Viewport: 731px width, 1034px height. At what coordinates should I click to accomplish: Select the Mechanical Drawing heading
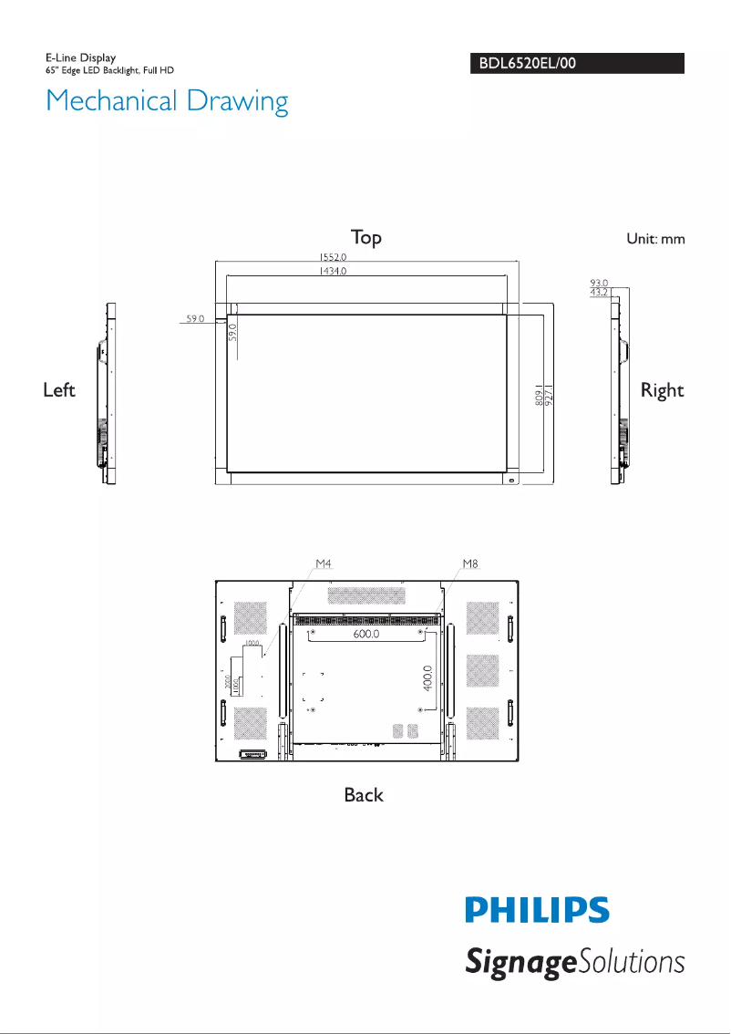167,100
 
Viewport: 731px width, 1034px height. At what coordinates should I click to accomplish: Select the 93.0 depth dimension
599,284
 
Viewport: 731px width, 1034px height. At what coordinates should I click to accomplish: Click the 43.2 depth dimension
599,293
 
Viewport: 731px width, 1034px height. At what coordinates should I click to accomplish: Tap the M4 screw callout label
324,564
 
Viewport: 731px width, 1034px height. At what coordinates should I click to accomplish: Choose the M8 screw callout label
469,564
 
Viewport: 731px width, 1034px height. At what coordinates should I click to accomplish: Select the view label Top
366,237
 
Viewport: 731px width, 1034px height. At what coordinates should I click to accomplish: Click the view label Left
59,390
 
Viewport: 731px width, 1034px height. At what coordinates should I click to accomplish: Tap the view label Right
662,390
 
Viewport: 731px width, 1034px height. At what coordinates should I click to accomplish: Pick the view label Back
364,795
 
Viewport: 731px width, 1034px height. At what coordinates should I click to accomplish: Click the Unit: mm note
654,239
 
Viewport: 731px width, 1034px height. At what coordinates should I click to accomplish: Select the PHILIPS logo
537,910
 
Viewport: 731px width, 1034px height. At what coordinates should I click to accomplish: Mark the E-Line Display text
81,58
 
